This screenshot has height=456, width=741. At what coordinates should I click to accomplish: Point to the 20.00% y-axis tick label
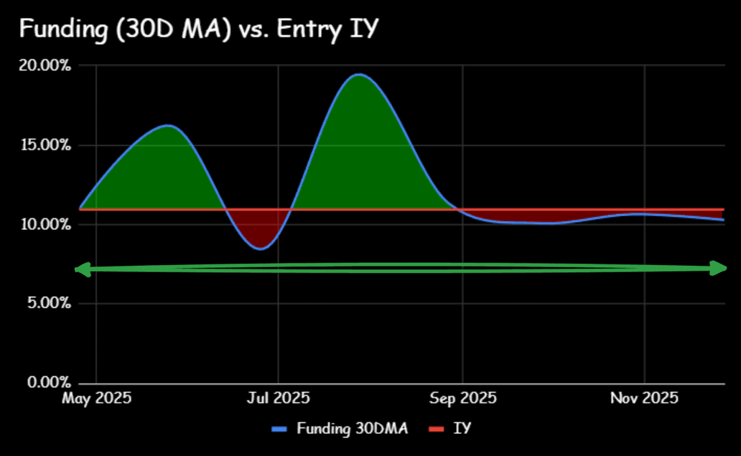pos(45,67)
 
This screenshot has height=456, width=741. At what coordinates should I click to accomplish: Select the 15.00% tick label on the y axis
pos(45,146)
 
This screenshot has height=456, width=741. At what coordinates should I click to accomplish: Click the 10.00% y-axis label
pos(45,225)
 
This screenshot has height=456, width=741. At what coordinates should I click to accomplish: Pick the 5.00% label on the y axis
pos(47,304)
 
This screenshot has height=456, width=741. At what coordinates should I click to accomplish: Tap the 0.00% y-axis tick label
pos(47,382)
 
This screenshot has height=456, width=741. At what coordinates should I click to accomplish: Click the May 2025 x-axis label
pos(97,398)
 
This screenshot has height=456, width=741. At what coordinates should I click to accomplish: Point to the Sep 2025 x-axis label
pos(462,398)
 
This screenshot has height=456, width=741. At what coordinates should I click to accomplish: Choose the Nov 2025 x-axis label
pos(645,398)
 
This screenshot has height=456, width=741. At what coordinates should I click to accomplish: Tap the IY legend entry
pos(462,429)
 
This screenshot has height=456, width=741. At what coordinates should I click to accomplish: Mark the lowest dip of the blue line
pos(261,248)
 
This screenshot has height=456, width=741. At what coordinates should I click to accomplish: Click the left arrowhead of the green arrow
pos(81,270)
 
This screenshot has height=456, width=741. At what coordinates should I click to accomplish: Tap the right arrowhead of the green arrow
pos(720,268)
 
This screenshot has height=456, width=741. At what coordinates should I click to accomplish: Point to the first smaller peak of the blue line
pos(168,126)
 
